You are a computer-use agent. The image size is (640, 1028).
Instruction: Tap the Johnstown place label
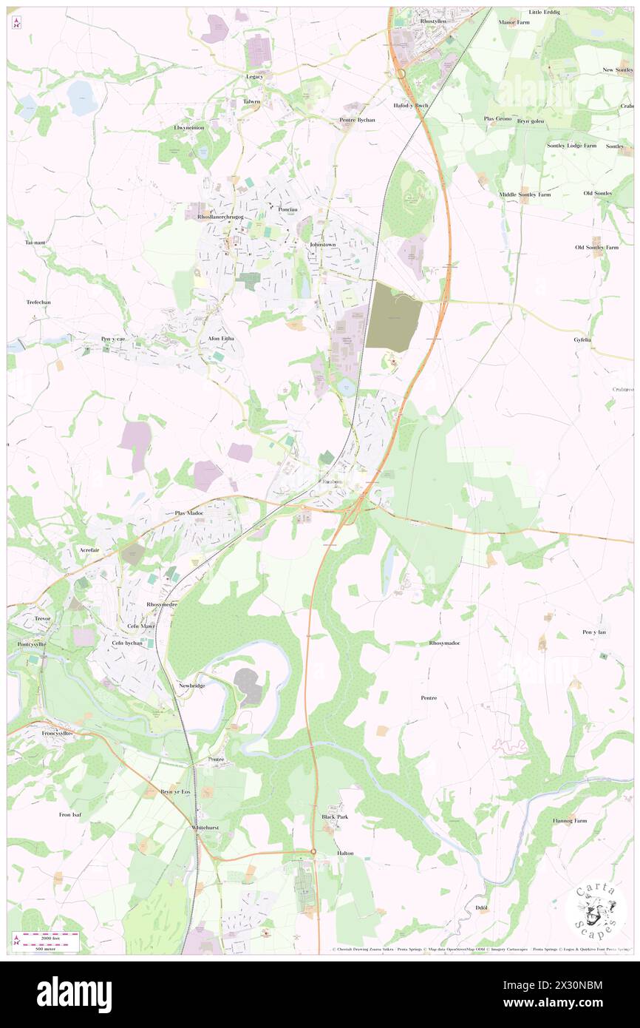(x=323, y=244)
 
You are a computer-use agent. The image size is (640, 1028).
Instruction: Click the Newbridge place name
(x=191, y=686)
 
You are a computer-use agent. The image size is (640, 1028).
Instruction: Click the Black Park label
(x=334, y=816)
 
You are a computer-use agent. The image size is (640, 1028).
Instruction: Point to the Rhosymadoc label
(x=444, y=643)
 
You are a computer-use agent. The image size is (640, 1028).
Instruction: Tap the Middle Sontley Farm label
(x=525, y=195)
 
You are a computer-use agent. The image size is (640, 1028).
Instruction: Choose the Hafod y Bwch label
(x=411, y=106)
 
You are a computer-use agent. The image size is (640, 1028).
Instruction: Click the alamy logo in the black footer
(x=74, y=993)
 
